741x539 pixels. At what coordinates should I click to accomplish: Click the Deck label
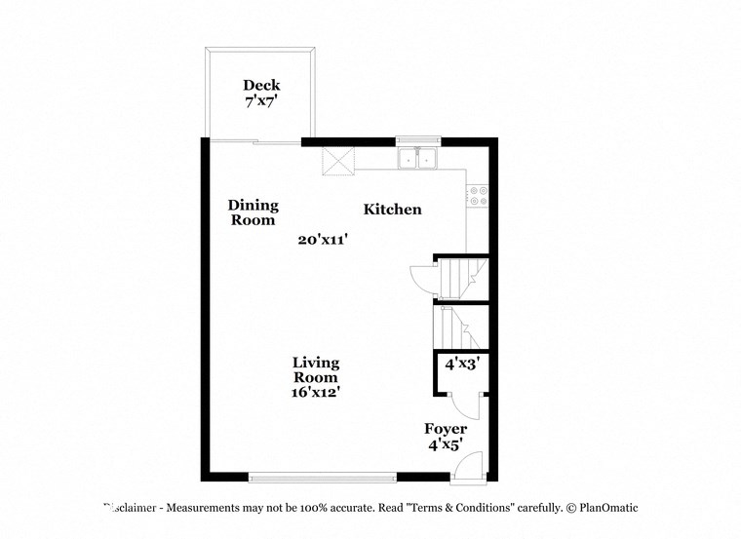pyautogui.click(x=261, y=85)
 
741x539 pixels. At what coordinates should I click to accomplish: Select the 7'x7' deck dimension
pyautogui.click(x=261, y=99)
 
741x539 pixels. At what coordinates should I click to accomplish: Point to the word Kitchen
pyautogui.click(x=393, y=210)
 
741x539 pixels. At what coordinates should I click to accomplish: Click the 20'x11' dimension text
pyautogui.click(x=324, y=239)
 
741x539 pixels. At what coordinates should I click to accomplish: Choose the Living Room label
pyautogui.click(x=316, y=370)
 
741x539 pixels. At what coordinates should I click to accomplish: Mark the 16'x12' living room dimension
pyautogui.click(x=316, y=393)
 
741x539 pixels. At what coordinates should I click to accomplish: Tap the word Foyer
pyautogui.click(x=446, y=429)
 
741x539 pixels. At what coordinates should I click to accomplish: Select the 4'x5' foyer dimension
pyautogui.click(x=445, y=443)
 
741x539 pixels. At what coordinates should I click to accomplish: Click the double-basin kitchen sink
pyautogui.click(x=418, y=157)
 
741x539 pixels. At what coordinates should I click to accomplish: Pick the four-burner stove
pyautogui.click(x=477, y=195)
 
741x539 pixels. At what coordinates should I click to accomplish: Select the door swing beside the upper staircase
pyautogui.click(x=421, y=278)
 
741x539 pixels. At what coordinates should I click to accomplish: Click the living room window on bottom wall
pyautogui.click(x=323, y=477)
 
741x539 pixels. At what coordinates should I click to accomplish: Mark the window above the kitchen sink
pyautogui.click(x=418, y=140)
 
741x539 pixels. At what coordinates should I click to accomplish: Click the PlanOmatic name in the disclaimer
pyautogui.click(x=608, y=508)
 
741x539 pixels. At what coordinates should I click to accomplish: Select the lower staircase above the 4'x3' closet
pyautogui.click(x=455, y=327)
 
